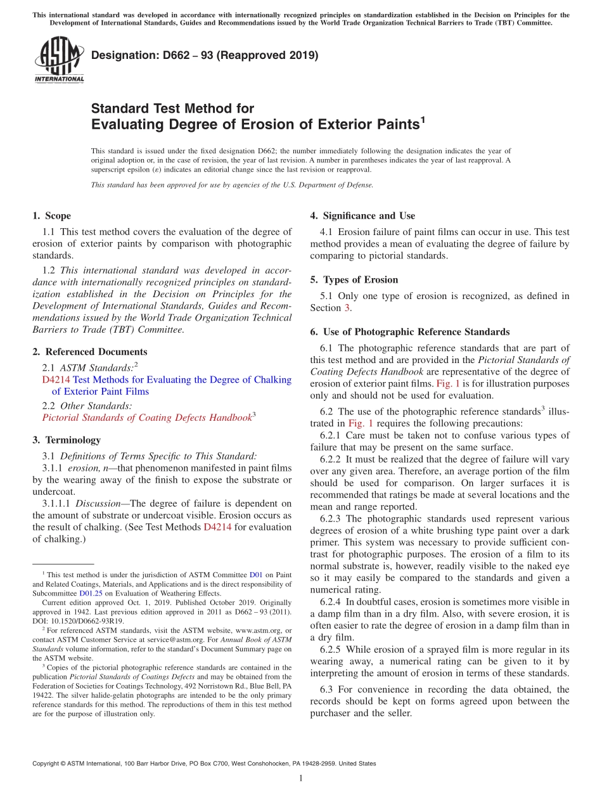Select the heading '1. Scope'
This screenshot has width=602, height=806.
tap(51, 216)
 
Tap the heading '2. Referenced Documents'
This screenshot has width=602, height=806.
tap(89, 352)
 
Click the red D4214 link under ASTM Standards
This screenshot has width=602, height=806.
tap(56, 380)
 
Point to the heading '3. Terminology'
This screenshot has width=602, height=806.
tap(66, 440)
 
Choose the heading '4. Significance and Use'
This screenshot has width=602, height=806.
tap(362, 216)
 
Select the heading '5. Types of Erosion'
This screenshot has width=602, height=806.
tap(354, 280)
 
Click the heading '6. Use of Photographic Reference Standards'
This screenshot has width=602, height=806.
tap(409, 331)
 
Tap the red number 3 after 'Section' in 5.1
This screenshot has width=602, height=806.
tap(347, 308)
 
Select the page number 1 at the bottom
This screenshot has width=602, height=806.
tap(301, 778)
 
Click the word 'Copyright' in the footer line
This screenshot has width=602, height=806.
tap(47, 764)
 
